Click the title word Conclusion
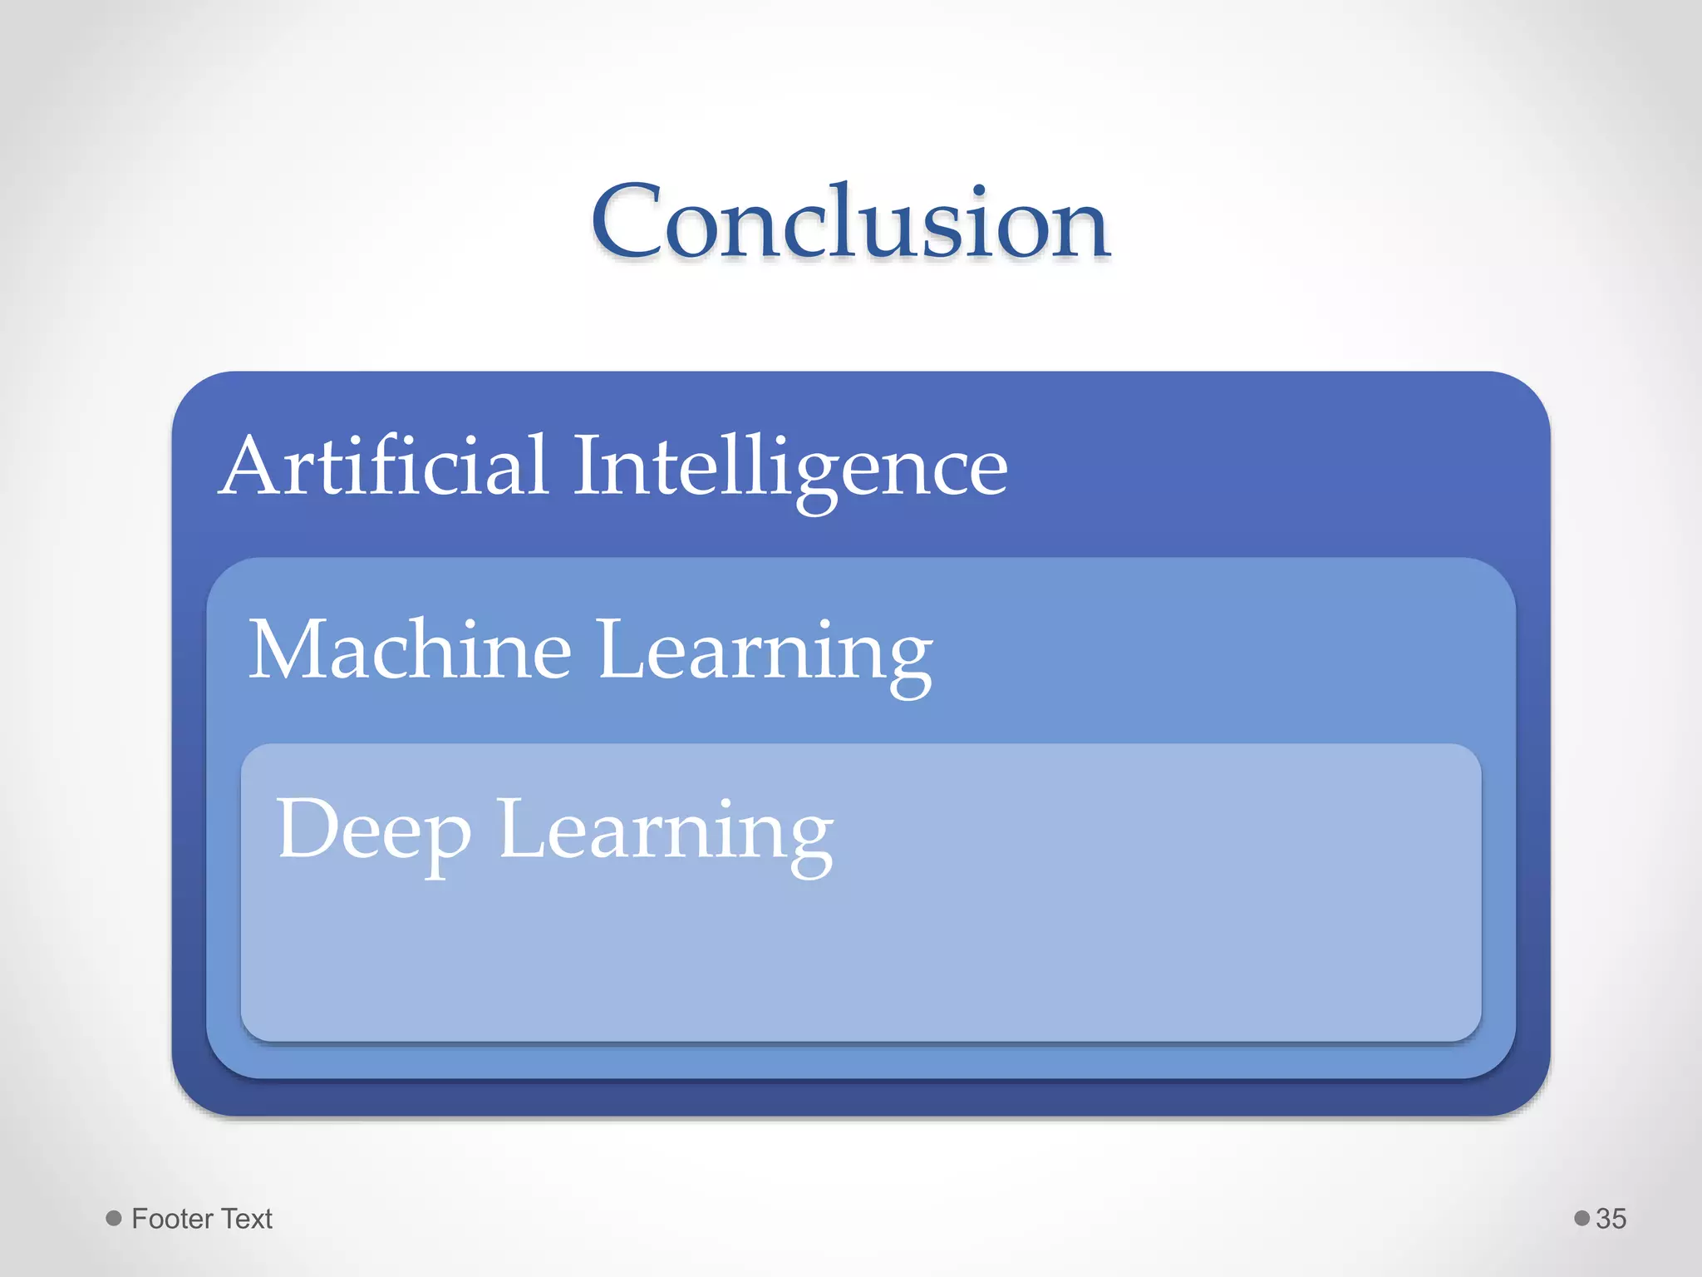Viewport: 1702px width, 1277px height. click(x=850, y=223)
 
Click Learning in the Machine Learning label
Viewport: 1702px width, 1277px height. click(x=765, y=653)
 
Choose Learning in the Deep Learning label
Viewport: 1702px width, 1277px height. click(x=665, y=831)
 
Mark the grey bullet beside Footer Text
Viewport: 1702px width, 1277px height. click(x=114, y=1218)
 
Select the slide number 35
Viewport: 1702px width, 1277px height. click(x=1611, y=1219)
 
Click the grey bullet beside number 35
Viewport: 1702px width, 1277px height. click(x=1581, y=1218)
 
